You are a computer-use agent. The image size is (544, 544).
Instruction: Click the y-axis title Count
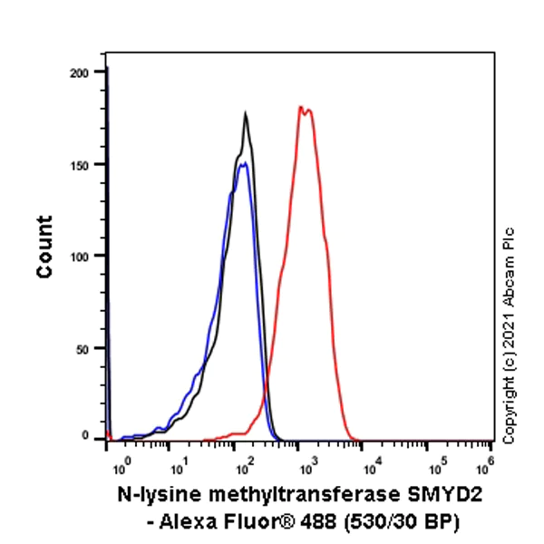tap(44, 247)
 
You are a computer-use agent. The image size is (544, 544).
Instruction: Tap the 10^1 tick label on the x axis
tap(182, 464)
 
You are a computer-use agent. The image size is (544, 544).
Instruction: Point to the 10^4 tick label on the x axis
tap(371, 464)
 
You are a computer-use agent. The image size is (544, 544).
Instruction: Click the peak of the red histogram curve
tap(301, 107)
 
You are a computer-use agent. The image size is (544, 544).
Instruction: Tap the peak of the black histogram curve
tap(246, 113)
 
